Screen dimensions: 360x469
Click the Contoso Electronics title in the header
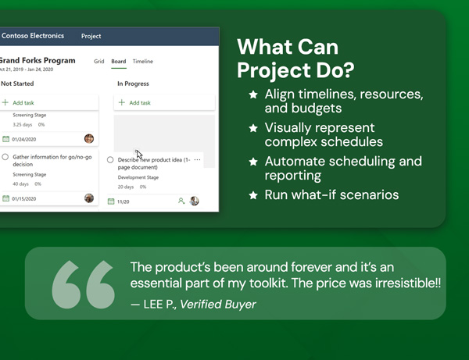click(x=33, y=36)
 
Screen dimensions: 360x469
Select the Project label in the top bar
click(x=91, y=36)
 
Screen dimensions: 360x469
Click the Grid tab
click(x=99, y=61)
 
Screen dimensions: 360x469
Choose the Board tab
click(x=119, y=61)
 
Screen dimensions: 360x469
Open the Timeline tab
click(x=143, y=61)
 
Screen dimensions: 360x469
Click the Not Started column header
click(x=17, y=84)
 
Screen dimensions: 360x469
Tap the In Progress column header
click(x=134, y=84)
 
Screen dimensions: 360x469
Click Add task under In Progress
click(x=140, y=102)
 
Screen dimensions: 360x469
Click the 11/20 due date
click(x=123, y=201)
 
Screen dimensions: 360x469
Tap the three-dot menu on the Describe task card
click(x=197, y=160)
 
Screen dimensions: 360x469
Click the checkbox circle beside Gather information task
click(x=5, y=157)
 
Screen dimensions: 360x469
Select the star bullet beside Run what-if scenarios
click(x=253, y=195)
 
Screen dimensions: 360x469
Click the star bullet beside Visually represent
click(x=253, y=127)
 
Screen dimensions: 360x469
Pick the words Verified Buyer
click(x=218, y=305)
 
